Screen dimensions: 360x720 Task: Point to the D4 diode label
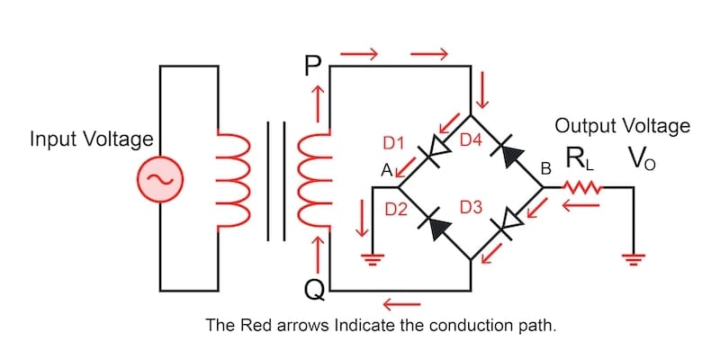tap(472, 140)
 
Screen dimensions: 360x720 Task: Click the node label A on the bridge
tap(385, 169)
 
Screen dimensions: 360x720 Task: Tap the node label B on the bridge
tap(544, 169)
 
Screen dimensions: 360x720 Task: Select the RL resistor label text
tap(580, 160)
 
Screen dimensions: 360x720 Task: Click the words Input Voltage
tap(91, 139)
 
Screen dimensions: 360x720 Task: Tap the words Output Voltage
tap(622, 125)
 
